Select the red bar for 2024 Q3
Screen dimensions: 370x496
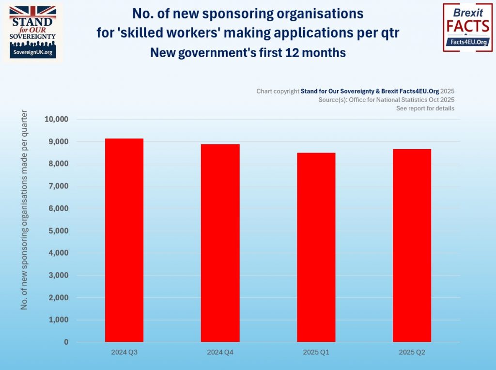124,240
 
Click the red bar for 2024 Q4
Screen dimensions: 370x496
220,243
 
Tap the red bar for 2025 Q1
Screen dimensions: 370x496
316,247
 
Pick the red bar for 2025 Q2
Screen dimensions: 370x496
412,246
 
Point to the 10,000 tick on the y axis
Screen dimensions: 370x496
57,120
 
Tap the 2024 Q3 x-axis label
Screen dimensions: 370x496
124,353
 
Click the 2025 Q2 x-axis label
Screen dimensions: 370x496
412,353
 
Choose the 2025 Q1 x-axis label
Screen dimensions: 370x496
316,353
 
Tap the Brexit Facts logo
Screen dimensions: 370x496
468,27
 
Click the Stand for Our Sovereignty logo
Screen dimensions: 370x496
33,32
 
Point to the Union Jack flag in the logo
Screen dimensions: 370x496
33,12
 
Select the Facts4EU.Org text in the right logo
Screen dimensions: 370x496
468,43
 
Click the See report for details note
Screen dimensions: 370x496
425,108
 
